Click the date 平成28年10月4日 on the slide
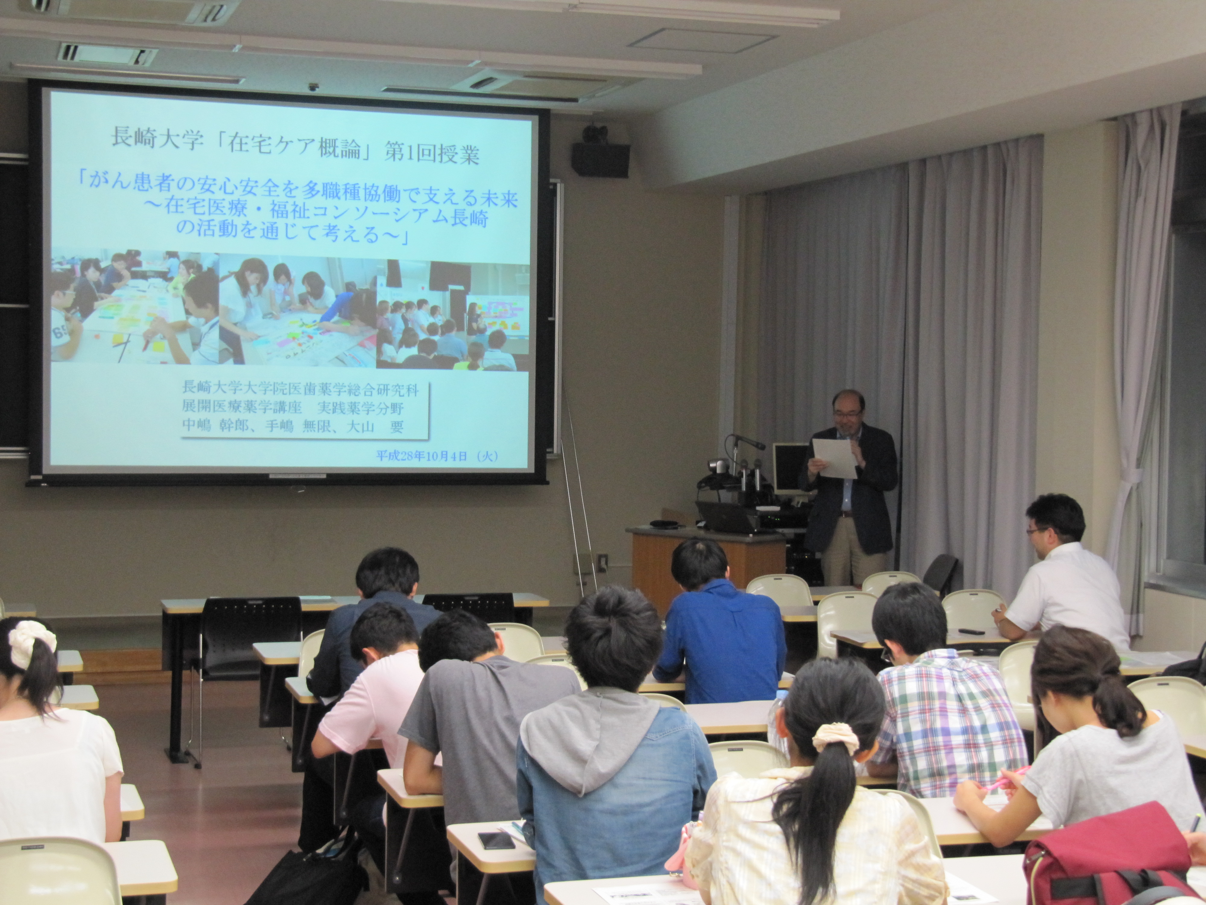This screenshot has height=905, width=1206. pos(421,456)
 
